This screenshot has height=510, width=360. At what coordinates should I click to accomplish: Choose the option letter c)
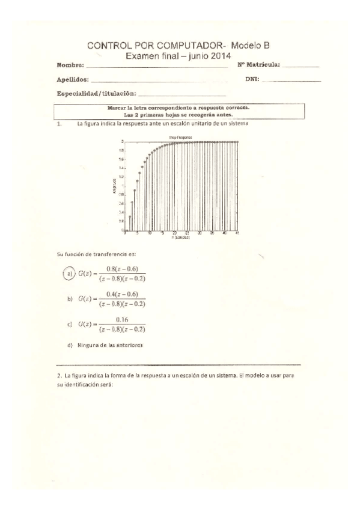(72, 325)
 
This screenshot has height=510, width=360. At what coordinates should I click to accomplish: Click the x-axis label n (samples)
(180, 238)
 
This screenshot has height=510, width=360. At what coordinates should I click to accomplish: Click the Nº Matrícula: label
(259, 64)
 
